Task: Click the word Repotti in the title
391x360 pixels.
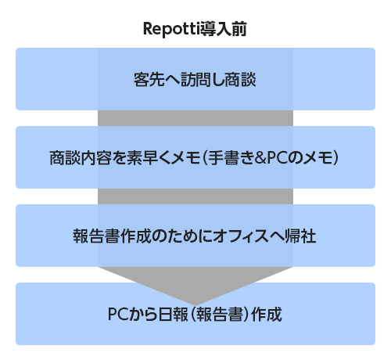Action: tap(170, 29)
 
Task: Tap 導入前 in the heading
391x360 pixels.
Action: tap(221, 29)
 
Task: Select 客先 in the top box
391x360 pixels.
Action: tap(149, 79)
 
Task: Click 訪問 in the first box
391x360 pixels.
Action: tap(197, 79)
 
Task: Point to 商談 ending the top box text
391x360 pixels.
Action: tap(240, 79)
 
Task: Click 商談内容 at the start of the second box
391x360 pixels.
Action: tap(81, 157)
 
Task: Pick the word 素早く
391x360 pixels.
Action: tap(149, 157)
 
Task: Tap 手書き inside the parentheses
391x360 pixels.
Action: tap(231, 157)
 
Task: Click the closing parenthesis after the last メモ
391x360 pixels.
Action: tap(335, 158)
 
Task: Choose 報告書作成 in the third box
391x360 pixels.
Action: tap(112, 236)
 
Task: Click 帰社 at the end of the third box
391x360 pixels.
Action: tap(301, 236)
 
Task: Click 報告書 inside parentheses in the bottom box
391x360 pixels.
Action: tap(220, 314)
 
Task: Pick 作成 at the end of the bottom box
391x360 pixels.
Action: tap(267, 314)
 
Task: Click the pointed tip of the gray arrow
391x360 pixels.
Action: tap(195, 305)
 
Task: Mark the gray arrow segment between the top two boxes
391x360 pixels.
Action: tap(195, 118)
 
